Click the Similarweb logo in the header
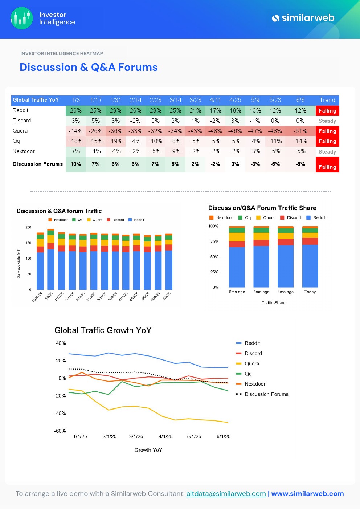pos(303,18)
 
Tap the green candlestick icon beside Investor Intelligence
pos(22,18)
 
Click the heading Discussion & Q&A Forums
pos(89,67)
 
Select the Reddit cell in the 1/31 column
pos(115,110)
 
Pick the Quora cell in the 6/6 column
pos(300,131)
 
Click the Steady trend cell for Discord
pos(327,121)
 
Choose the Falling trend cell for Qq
pos(327,141)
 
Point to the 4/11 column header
pos(215,100)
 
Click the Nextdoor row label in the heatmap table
pos(24,151)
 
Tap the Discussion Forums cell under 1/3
pos(75,164)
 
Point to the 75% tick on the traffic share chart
pos(214,241)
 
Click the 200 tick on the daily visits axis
pos(28,227)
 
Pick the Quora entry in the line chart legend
pos(251,363)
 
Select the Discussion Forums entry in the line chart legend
pos(266,394)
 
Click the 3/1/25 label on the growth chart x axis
pos(136,436)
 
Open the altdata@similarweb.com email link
pos(226,494)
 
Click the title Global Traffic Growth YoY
pos(103,330)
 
